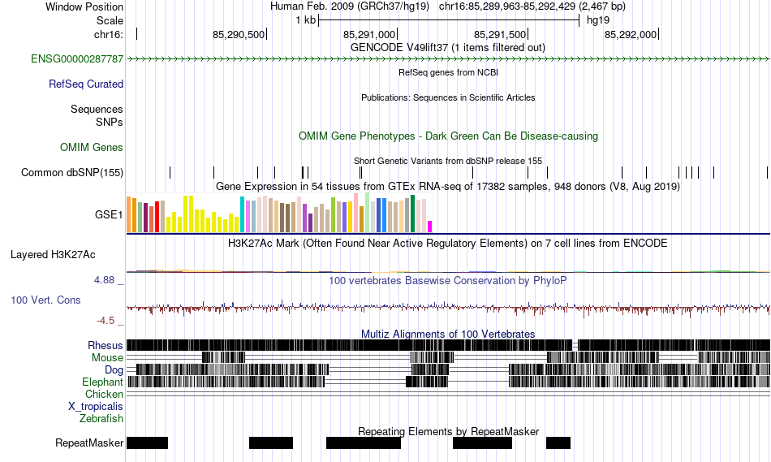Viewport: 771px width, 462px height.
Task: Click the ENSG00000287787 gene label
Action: pos(77,59)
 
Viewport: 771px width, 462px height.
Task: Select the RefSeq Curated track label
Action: pos(86,84)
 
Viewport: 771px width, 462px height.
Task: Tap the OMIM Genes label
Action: pos(92,147)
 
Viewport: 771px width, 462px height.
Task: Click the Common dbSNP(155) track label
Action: pos(72,172)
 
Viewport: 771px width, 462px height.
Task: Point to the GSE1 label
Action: pos(109,215)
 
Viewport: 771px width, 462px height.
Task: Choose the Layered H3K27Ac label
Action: pos(53,254)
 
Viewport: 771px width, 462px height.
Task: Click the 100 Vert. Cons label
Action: pos(45,300)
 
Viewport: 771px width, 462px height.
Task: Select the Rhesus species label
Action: pos(106,345)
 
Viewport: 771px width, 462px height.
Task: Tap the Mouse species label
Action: pos(107,357)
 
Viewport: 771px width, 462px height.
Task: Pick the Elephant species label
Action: pos(102,382)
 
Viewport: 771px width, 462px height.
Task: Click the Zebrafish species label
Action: pos(101,418)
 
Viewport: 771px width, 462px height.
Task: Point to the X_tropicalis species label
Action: pos(96,406)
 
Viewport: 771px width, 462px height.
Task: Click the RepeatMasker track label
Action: pos(89,443)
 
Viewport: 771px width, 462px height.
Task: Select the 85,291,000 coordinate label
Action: pos(369,35)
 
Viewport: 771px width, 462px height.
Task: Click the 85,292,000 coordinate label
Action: pos(631,35)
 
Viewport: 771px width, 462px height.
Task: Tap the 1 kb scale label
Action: pos(305,19)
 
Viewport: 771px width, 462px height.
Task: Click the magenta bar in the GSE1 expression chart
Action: pos(430,226)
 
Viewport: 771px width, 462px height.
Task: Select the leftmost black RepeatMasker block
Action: pos(147,443)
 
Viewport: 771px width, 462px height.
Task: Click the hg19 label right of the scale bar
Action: pos(598,19)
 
